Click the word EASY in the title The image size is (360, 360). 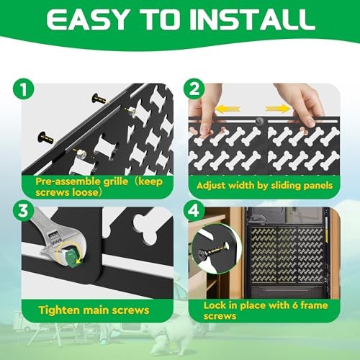coord(86,19)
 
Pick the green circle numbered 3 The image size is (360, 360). coord(24,212)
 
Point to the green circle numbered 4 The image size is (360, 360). coord(194,212)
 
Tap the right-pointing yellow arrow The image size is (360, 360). coord(278,109)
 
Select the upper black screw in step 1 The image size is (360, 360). coord(100,99)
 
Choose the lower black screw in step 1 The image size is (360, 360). coord(45,138)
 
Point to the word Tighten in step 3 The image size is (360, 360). coord(59,310)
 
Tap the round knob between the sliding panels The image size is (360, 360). coord(259,121)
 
